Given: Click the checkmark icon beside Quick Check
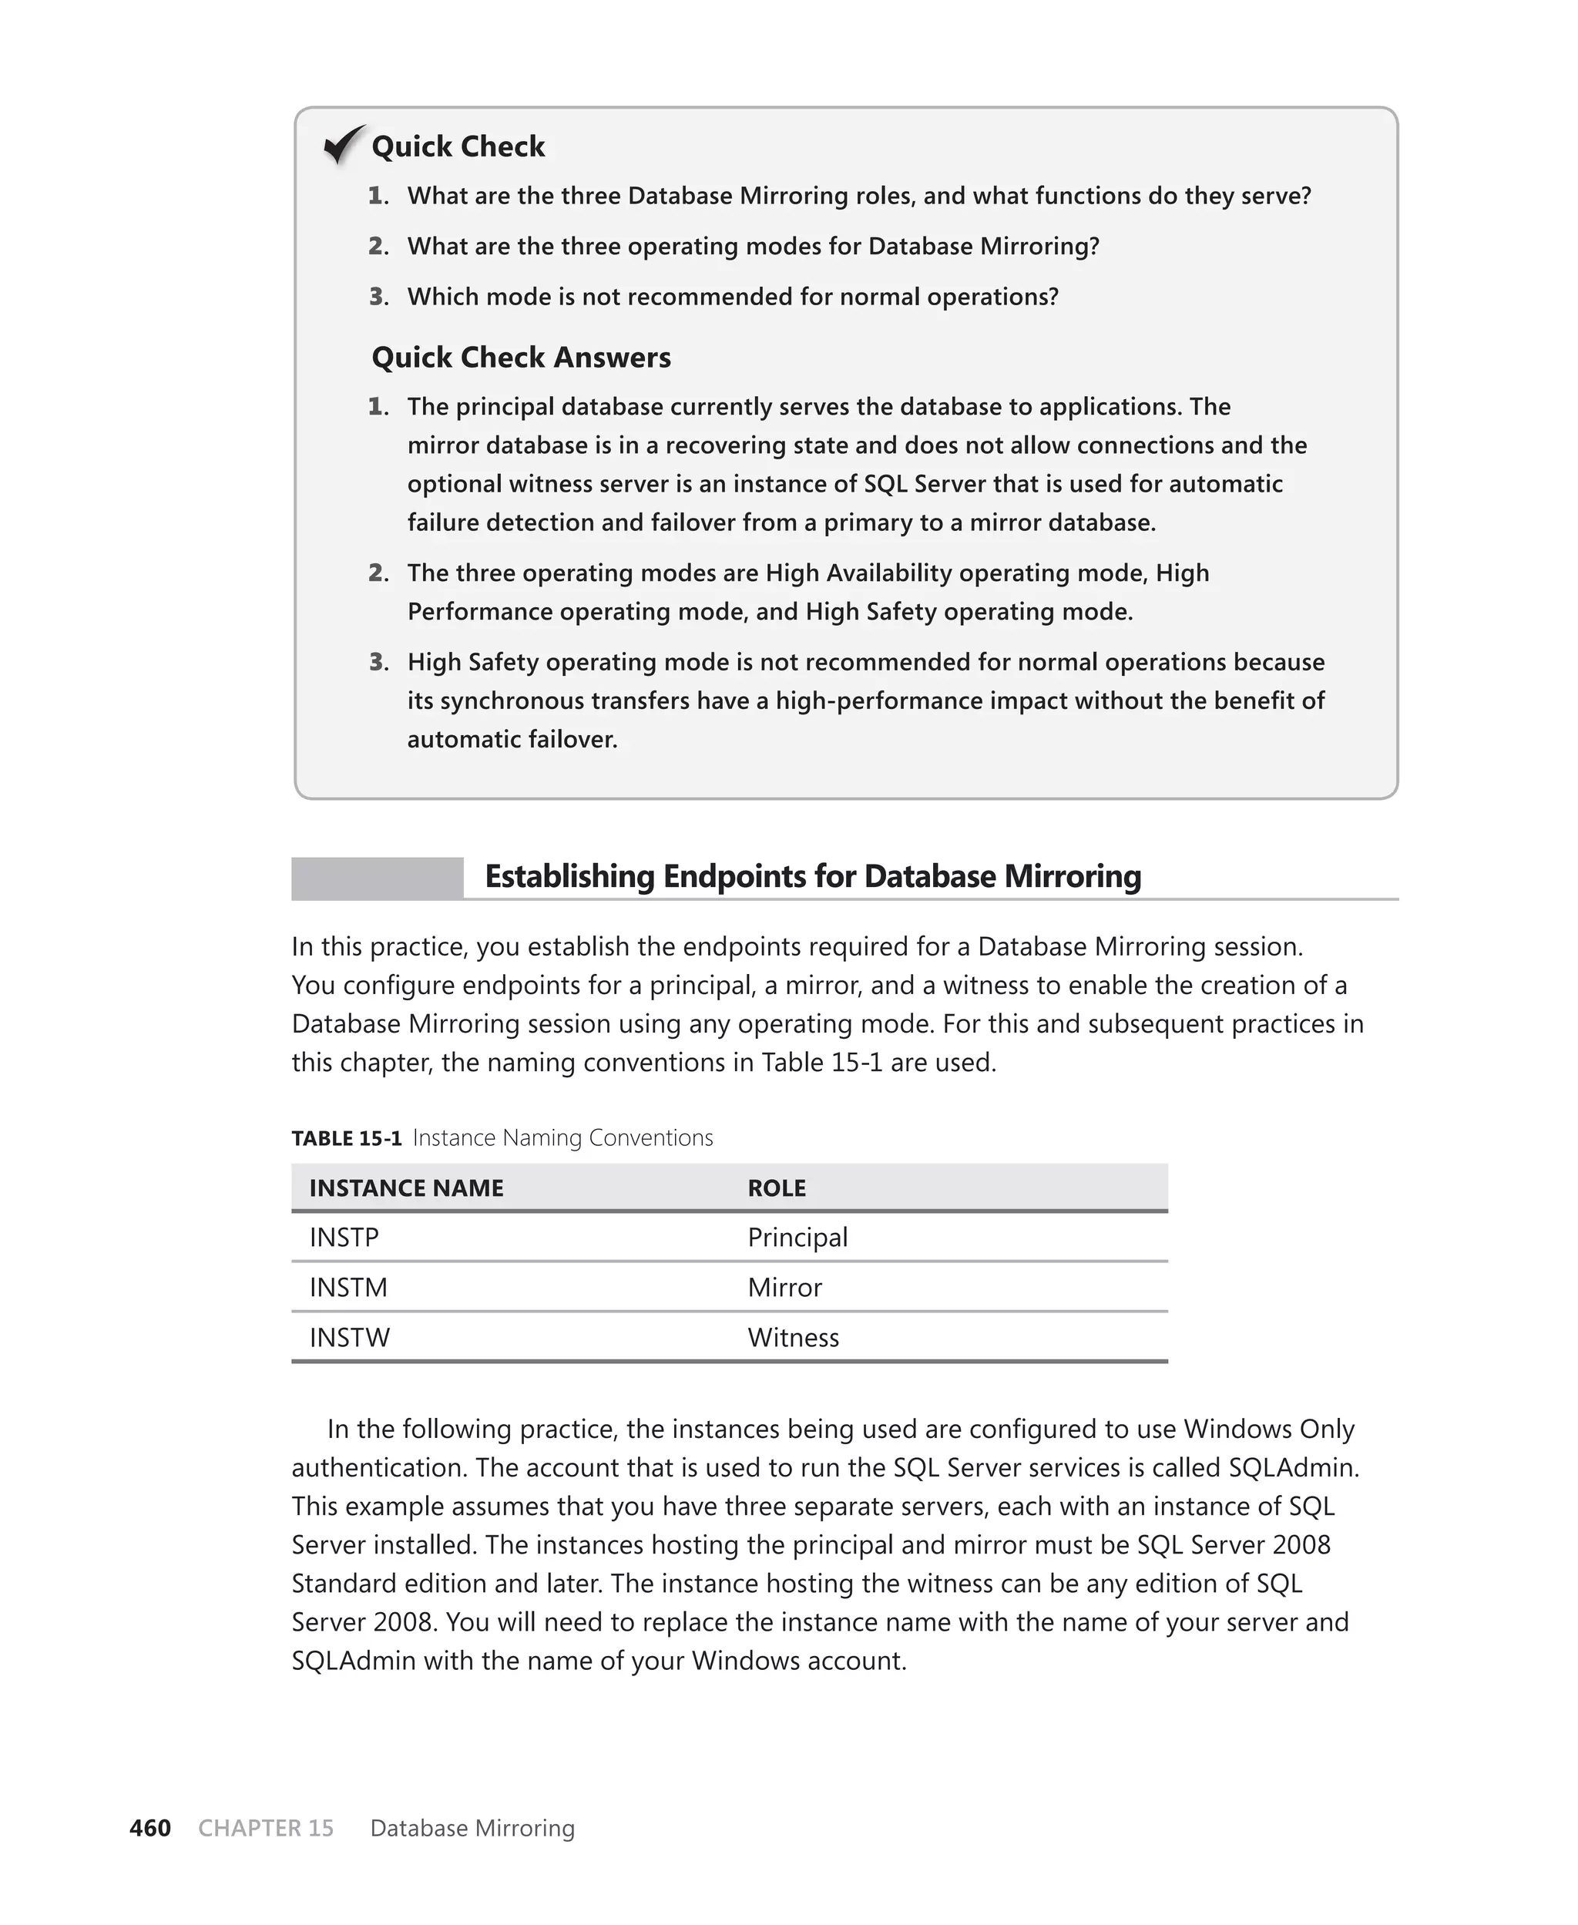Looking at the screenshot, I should coord(344,145).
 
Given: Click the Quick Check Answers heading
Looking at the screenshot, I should coord(521,358).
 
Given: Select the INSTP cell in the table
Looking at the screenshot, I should coord(344,1237).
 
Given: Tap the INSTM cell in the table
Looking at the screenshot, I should coord(348,1287).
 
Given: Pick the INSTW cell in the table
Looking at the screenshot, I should coord(349,1337).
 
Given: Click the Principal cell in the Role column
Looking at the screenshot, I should coord(797,1237).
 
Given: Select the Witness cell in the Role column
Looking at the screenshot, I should coord(793,1337).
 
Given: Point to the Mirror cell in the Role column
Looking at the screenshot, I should coord(784,1287).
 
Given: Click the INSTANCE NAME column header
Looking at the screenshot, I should coord(405,1188).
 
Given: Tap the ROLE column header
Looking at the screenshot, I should coord(776,1188).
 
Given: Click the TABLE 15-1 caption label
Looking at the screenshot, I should coord(346,1138).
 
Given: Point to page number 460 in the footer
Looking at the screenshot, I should coord(150,1828).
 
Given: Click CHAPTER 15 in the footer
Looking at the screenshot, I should coord(265,1828).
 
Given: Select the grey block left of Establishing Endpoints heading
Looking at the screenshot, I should coord(378,878).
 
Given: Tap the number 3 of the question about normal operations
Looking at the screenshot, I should coord(378,297).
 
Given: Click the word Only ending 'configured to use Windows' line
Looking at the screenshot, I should coord(1326,1429).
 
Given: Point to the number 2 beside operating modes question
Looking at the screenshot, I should coord(378,247).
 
